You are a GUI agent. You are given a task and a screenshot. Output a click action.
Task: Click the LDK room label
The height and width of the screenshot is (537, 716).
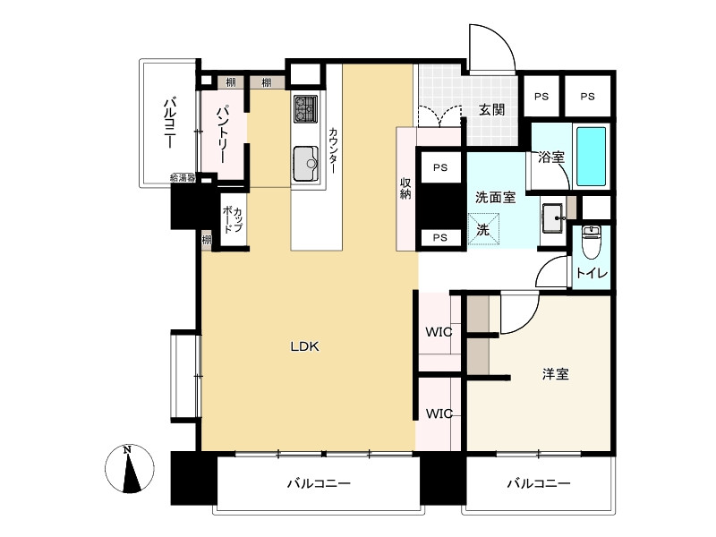click(304, 346)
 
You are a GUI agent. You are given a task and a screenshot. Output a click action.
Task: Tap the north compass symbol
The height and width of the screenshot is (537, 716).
click(130, 469)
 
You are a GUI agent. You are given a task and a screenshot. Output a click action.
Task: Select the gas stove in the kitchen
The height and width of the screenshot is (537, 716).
click(305, 108)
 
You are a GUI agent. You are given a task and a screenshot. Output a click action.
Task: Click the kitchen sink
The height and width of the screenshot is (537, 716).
click(305, 164)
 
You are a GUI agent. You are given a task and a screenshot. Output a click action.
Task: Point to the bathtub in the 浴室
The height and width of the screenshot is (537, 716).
click(592, 156)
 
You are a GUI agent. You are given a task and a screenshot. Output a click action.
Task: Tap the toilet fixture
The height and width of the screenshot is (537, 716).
click(592, 241)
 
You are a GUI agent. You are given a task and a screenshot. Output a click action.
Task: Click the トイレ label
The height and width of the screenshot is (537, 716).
click(592, 273)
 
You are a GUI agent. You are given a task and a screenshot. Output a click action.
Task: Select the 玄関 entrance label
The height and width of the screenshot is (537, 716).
click(491, 109)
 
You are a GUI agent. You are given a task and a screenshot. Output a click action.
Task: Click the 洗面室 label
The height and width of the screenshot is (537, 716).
click(496, 198)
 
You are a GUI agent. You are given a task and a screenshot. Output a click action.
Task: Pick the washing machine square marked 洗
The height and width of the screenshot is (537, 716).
click(483, 229)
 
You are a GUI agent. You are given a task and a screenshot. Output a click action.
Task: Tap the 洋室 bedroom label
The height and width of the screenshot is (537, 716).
click(555, 374)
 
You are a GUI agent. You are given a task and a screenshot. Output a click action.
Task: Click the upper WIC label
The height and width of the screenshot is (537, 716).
click(439, 332)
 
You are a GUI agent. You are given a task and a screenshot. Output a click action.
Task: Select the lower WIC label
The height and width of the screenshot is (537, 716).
click(439, 413)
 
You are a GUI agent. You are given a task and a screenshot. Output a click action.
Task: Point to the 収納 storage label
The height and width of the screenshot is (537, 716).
click(405, 188)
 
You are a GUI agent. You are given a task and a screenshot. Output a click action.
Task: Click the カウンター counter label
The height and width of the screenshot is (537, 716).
click(333, 150)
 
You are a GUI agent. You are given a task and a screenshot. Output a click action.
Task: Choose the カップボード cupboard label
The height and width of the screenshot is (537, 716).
click(233, 219)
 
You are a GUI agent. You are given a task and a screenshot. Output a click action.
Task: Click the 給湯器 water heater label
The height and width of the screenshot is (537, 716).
click(183, 178)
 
